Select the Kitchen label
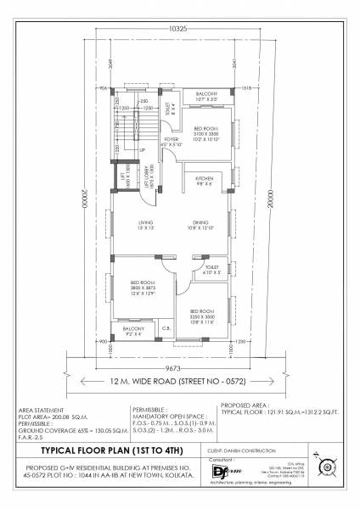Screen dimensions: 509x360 click(x=205, y=179)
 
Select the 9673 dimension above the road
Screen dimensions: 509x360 click(x=173, y=369)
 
